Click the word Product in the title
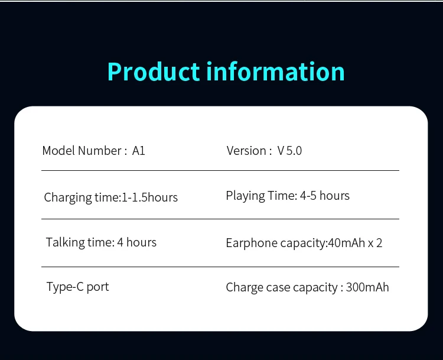click(154, 72)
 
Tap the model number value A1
click(138, 151)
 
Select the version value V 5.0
click(289, 151)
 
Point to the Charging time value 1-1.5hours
click(149, 197)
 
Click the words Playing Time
click(260, 196)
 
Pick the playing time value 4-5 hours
click(325, 196)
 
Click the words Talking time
click(79, 242)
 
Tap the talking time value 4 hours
click(137, 242)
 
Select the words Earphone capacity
click(276, 243)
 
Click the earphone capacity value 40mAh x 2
click(355, 243)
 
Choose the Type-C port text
click(78, 287)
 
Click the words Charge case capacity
click(282, 288)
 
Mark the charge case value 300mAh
click(367, 287)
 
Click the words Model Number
click(82, 151)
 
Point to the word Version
click(246, 151)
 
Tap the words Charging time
click(82, 197)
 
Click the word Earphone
click(252, 243)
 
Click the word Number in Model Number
click(100, 151)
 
